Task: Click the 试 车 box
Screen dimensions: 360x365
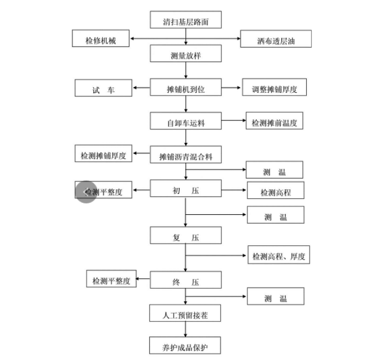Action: tap(103, 89)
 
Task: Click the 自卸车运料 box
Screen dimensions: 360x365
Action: tap(185, 121)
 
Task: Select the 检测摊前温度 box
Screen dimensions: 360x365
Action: tap(274, 121)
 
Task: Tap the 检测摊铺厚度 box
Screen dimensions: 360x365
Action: tap(103, 154)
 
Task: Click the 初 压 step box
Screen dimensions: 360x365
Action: tap(185, 188)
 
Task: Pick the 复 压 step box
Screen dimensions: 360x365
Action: tap(185, 235)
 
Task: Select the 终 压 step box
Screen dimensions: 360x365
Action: tap(185, 280)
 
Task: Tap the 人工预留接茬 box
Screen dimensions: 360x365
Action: tap(185, 313)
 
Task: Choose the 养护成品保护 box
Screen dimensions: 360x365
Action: tap(185, 345)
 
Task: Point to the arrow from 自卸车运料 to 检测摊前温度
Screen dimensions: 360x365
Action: tap(232, 121)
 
